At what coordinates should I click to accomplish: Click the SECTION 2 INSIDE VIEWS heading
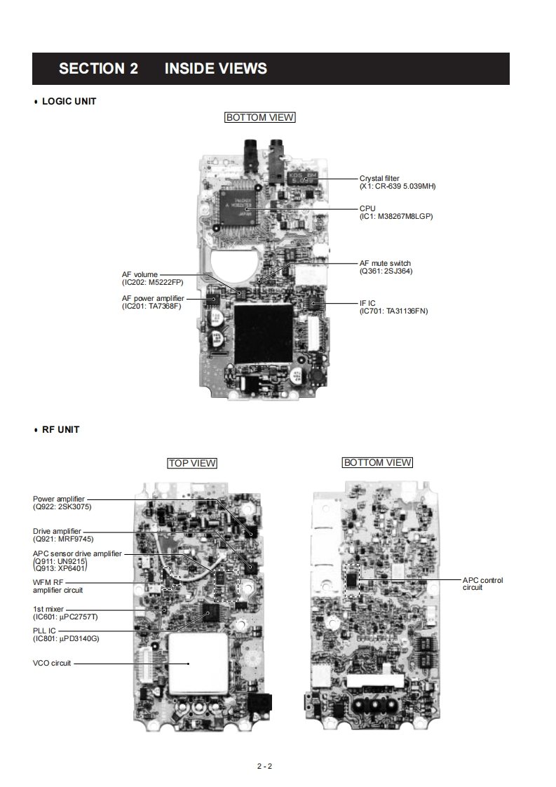click(163, 69)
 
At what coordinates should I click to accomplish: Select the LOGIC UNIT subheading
click(69, 101)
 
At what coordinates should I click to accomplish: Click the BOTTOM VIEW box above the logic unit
click(259, 118)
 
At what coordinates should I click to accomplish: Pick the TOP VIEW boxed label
click(191, 463)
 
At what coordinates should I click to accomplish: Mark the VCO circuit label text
click(52, 663)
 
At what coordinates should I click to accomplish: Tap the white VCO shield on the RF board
click(198, 663)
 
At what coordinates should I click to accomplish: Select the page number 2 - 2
click(264, 766)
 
